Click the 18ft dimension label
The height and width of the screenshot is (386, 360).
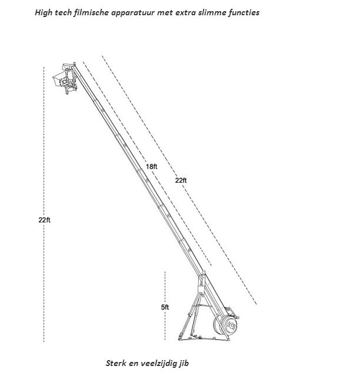tap(151, 167)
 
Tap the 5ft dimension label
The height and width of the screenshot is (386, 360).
tap(165, 307)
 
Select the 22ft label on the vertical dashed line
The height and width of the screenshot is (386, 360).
tap(44, 220)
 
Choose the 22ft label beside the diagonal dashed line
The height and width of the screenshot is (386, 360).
tap(181, 180)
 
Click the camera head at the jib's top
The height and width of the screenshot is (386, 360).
tap(65, 78)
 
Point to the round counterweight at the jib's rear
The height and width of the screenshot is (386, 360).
tap(225, 324)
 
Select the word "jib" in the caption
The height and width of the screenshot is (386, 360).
tap(184, 364)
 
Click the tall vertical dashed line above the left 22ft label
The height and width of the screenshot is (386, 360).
tap(44, 142)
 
